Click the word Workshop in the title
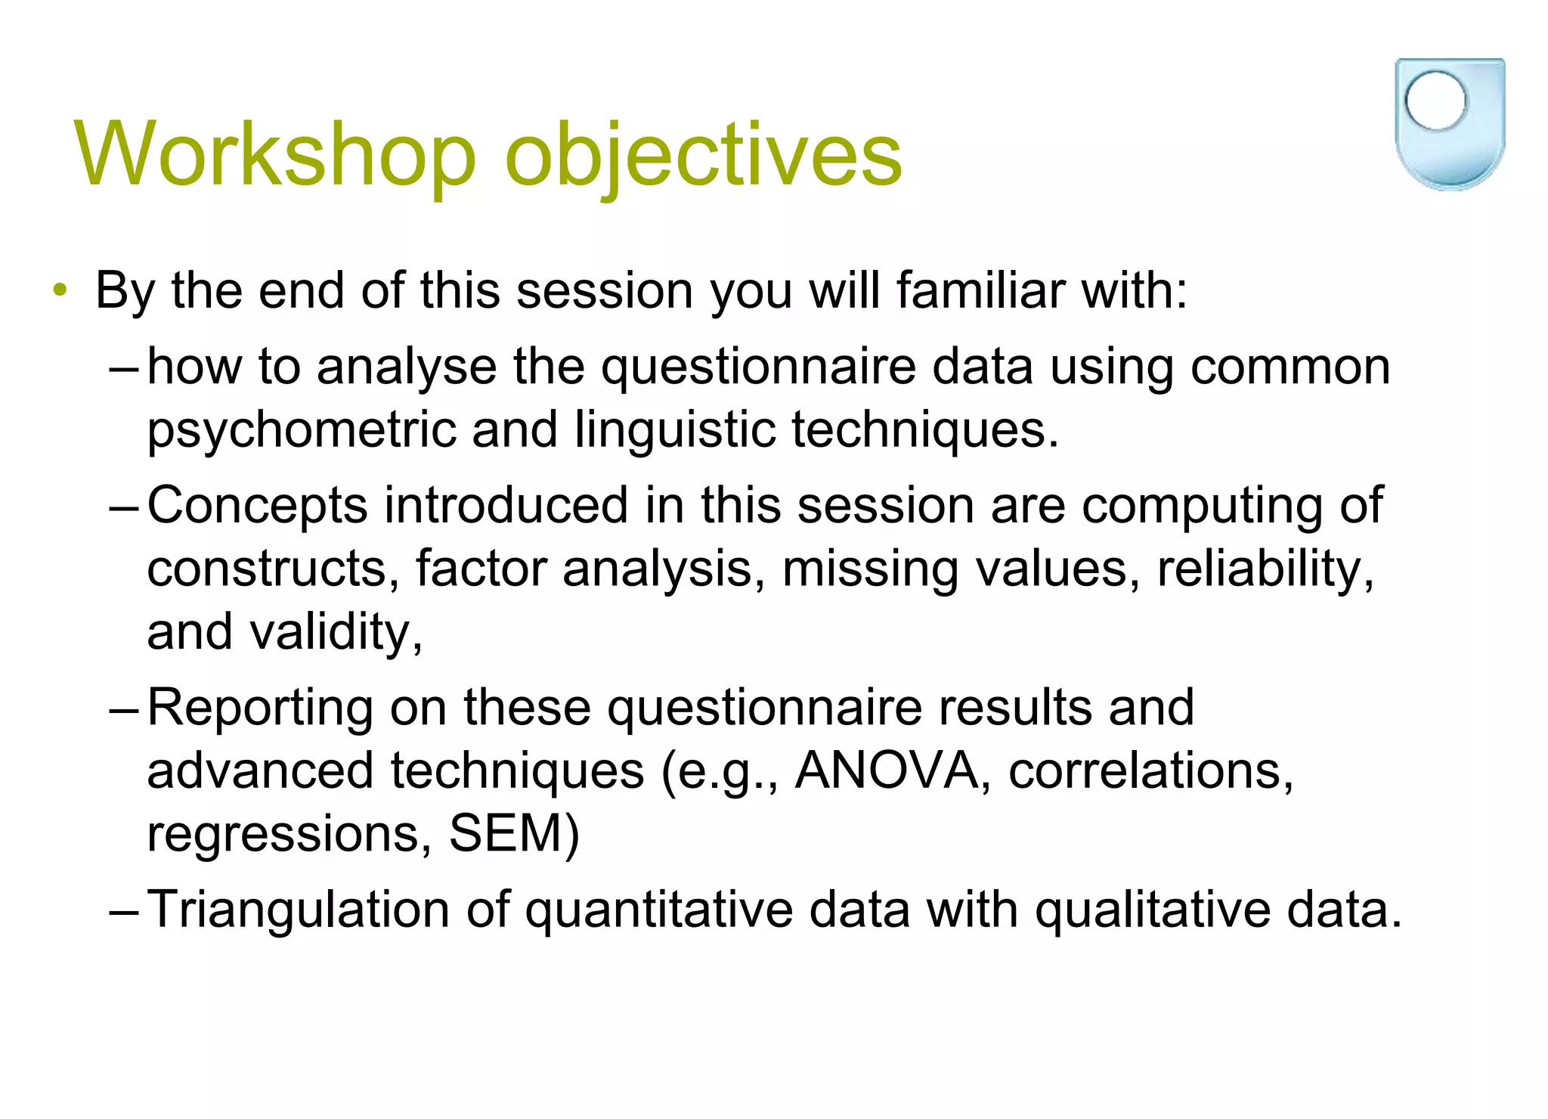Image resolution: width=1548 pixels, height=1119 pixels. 275,155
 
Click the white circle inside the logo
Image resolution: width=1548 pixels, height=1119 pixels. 1435,101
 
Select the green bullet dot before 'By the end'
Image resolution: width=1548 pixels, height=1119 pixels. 60,291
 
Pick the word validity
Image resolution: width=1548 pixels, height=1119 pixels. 336,632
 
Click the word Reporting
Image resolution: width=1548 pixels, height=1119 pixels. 260,709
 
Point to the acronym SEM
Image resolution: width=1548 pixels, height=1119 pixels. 513,834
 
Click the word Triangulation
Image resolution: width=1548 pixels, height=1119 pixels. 298,910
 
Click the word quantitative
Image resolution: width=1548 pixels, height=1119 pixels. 658,910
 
